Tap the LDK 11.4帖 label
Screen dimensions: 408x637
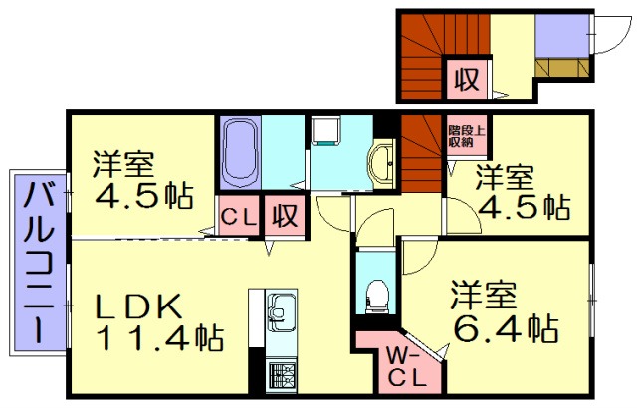coord(159,320)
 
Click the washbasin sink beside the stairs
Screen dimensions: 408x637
coord(382,160)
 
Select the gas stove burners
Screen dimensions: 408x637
coord(282,374)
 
